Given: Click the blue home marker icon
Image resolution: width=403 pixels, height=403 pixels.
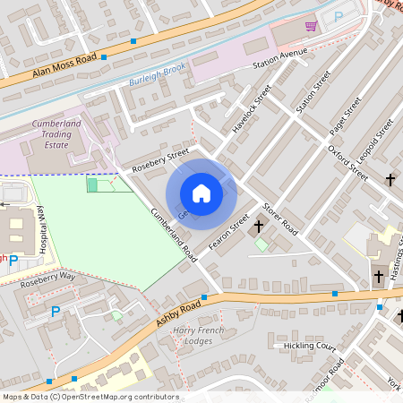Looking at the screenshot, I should [x=201, y=193].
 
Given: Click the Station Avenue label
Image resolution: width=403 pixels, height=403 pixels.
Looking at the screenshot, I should [x=279, y=61].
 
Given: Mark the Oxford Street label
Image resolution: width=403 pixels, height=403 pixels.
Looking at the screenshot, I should [x=347, y=163].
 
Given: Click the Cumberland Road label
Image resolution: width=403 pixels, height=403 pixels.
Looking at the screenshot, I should [x=173, y=235].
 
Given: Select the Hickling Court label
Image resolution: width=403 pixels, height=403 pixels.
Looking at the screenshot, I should [x=303, y=346].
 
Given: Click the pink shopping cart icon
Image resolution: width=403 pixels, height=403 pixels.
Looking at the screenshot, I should [x=311, y=26].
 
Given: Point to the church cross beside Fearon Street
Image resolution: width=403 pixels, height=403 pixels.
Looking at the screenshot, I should [x=260, y=226].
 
